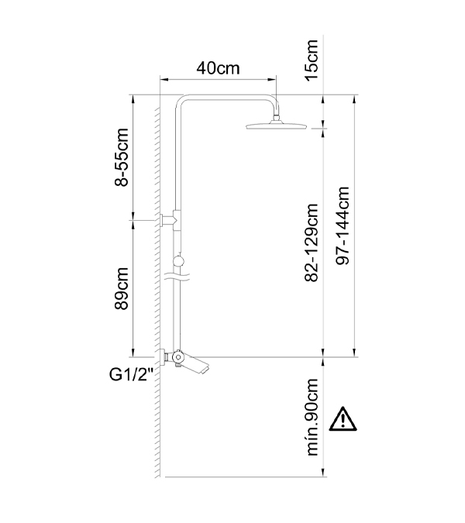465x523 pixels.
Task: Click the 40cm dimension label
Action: pos(218,68)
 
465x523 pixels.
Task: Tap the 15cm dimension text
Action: pos(312,60)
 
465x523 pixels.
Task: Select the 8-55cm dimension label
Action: pos(122,157)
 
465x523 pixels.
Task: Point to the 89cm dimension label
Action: pos(122,288)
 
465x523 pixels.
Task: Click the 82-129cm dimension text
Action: pos(312,243)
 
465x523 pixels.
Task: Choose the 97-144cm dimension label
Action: pos(343,225)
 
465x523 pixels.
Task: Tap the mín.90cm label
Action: pos(312,417)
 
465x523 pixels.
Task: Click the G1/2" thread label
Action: pos(131,375)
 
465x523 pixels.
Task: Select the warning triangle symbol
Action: pos(343,419)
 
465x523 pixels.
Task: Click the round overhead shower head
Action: pos(276,126)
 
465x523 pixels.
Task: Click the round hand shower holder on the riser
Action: pos(178,260)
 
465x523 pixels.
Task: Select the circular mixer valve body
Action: pos(177,357)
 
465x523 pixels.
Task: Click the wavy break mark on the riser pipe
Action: pos(177,276)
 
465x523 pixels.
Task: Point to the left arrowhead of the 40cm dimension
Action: pos(163,79)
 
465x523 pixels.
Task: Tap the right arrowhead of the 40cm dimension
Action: pos(274,79)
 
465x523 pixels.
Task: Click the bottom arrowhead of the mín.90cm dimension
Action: pos(323,473)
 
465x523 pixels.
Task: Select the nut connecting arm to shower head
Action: pos(276,118)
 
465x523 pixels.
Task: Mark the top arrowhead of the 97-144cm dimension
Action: pos(354,99)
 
